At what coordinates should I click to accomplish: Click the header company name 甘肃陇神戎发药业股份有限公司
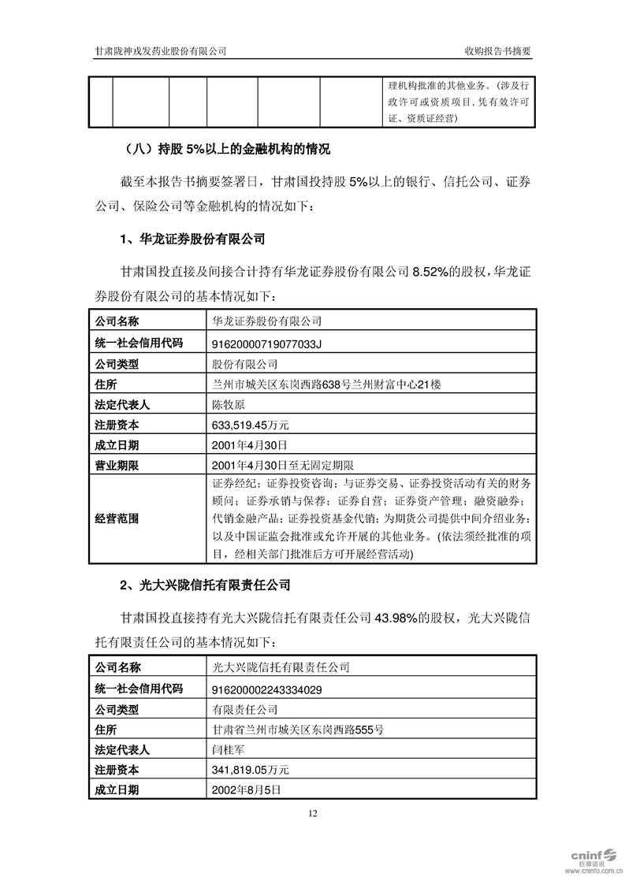point(161,50)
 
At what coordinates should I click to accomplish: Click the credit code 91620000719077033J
point(268,343)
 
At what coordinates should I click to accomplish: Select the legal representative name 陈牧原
point(229,404)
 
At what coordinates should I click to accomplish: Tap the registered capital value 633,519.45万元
point(251,425)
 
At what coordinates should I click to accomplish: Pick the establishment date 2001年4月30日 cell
point(244,445)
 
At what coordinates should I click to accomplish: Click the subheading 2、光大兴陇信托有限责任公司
point(204,585)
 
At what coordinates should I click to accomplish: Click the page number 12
point(313,814)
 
